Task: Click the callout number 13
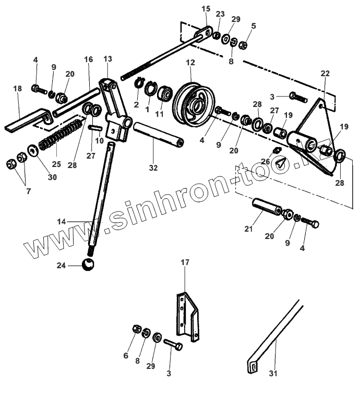108,59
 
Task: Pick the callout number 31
273,373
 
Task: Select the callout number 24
61,265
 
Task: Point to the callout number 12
190,63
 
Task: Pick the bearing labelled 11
166,94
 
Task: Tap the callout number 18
18,89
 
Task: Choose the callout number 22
325,74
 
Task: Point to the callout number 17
185,262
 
